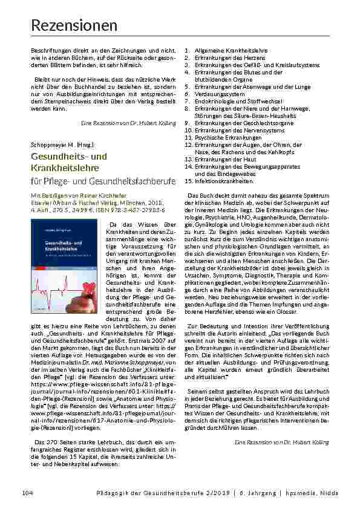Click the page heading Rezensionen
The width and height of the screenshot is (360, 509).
pos(74,25)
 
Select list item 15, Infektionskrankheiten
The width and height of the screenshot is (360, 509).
pos(218,181)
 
